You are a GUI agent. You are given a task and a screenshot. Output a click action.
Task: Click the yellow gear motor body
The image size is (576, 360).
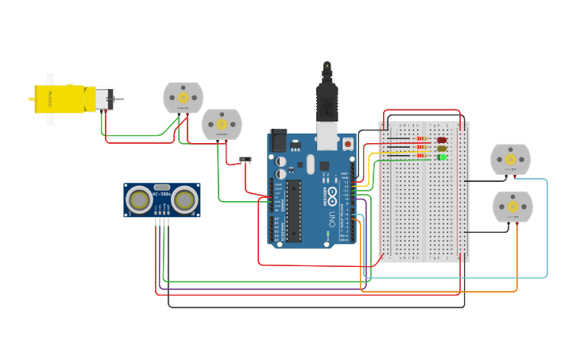click(x=60, y=99)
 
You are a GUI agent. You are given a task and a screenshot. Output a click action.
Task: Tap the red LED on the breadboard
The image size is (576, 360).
click(x=442, y=141)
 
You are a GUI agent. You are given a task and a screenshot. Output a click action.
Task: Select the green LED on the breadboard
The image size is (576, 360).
click(x=442, y=157)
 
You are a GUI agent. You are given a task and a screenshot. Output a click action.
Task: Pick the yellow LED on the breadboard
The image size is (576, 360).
click(x=442, y=149)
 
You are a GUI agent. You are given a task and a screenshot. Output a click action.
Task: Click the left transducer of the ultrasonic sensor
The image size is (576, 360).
click(x=141, y=200)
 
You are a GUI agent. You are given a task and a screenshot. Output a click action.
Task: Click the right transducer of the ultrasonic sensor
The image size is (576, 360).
click(x=184, y=200)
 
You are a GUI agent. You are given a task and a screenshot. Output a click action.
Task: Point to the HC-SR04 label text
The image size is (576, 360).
click(x=162, y=194)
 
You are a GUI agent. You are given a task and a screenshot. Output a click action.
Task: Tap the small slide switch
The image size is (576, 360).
click(x=245, y=159)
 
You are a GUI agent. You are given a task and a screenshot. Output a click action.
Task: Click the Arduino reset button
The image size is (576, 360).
click(x=348, y=144)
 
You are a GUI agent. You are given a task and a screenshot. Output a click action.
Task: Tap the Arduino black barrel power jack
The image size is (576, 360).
click(x=278, y=141)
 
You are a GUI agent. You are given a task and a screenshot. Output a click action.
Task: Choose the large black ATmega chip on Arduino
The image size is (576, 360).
click(x=294, y=210)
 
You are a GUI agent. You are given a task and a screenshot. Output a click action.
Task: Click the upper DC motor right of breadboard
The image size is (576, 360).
click(x=510, y=159)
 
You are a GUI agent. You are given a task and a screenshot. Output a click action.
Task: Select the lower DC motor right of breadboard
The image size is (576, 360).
click(x=512, y=207)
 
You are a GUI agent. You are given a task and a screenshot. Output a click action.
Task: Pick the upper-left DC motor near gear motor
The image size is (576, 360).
click(x=183, y=97)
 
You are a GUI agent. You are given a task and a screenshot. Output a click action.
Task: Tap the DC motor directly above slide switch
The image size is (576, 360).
click(x=222, y=124)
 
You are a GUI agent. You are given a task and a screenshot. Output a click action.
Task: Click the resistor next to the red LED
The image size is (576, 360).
click(x=422, y=141)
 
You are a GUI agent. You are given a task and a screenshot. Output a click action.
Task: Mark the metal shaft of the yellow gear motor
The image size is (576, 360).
click(x=119, y=99)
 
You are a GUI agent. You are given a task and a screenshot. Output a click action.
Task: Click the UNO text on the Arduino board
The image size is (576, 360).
click(x=331, y=218)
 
